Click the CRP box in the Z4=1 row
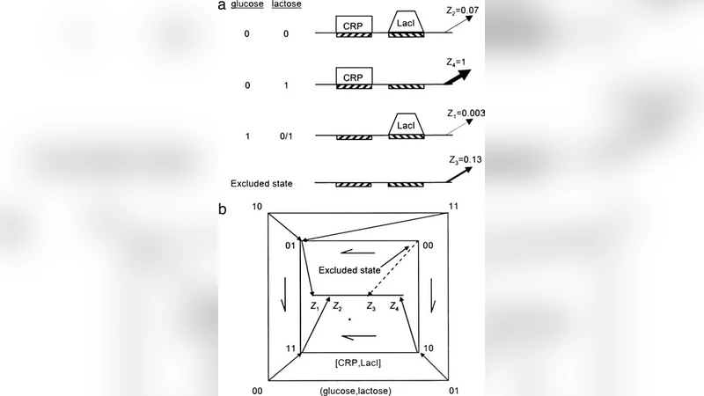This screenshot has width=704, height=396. [x=352, y=78]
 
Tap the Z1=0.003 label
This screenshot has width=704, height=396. [x=466, y=114]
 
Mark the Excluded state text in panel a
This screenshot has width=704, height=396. [x=262, y=184]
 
